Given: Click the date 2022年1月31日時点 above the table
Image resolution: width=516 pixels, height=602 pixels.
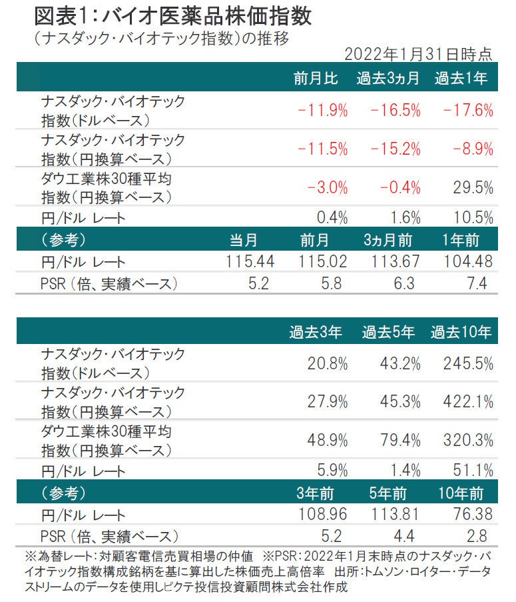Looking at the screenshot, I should point(418,54).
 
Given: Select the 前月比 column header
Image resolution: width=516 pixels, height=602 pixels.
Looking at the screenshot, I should point(316,79).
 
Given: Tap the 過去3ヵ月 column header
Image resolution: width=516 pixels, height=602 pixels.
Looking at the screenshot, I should point(387,79).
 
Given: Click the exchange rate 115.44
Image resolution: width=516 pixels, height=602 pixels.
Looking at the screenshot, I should point(250,263).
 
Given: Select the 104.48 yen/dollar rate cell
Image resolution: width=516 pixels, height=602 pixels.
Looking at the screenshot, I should point(465,263).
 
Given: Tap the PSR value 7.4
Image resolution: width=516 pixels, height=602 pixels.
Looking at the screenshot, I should point(477,284).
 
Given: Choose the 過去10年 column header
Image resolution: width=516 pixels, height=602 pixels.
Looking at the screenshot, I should point(461,332).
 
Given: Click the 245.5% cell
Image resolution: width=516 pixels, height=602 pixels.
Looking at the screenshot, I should point(466,363).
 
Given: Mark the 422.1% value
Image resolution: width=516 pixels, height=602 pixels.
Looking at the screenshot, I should point(466,401).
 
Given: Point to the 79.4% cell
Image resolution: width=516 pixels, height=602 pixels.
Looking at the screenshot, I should point(394,440).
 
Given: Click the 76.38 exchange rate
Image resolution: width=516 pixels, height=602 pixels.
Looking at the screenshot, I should point(471,514).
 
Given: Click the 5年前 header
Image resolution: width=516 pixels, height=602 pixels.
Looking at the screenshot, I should point(388,493).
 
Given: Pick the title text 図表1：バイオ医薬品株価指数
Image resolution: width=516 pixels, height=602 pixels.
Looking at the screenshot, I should point(172,16).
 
